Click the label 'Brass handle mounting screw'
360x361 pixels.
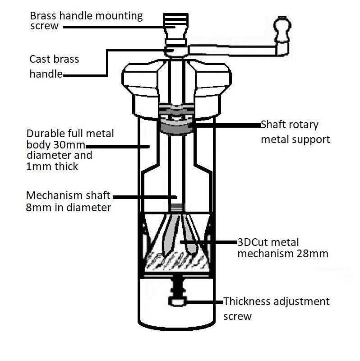tap(86, 21)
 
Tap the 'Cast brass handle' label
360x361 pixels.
tap(54, 66)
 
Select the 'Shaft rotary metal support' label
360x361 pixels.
tap(295, 132)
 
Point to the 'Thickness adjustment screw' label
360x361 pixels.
tap(276, 308)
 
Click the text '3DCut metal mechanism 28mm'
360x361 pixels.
tap(282, 248)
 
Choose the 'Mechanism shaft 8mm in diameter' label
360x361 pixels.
tap(68, 202)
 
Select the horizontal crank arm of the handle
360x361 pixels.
tap(235, 49)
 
